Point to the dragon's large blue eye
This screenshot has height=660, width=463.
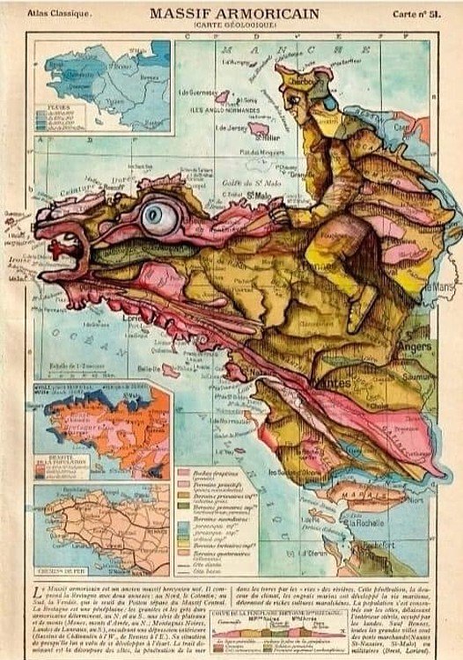tap(159, 214)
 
